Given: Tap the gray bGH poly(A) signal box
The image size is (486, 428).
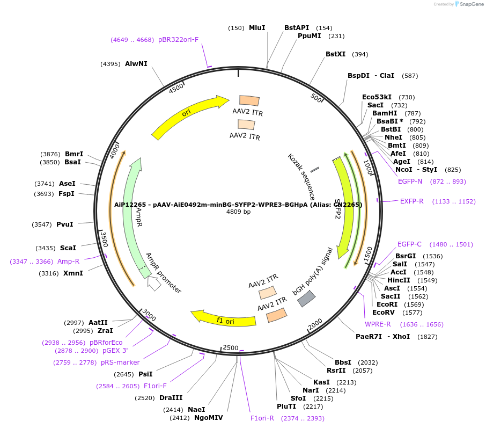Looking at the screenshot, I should coord(306,299).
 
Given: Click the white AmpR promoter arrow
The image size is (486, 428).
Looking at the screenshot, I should coord(154,283).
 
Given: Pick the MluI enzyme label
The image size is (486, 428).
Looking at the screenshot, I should coord(257,28).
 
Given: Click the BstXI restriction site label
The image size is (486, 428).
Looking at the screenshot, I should coord(336,54).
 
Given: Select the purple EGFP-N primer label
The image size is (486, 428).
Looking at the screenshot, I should coord(410,182).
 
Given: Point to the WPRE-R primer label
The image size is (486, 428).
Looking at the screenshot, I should coord(378,324).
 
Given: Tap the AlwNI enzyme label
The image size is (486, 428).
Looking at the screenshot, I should coord(136,64).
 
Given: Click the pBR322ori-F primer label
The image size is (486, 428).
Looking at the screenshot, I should coord(178,40).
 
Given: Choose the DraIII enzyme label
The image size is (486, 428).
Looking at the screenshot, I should coord(171,398).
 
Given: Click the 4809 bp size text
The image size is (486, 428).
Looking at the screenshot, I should coord(238,212).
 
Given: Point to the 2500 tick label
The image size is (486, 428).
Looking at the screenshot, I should coord(231,348).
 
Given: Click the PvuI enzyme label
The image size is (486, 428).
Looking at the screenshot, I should coord(64,224).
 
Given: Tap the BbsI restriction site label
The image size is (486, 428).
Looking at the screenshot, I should coord(343,362).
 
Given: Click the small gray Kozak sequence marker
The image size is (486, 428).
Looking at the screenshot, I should coord(315,170).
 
